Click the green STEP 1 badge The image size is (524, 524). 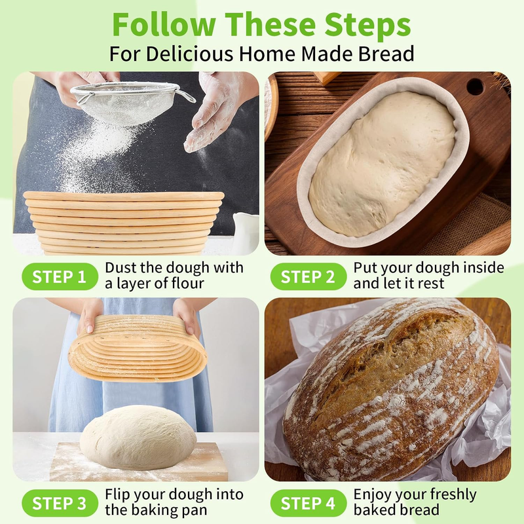[x=60, y=276]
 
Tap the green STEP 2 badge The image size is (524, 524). [x=308, y=276]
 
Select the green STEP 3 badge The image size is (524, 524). [x=60, y=503]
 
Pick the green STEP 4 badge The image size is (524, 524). [x=308, y=503]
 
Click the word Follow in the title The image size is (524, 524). [x=164, y=24]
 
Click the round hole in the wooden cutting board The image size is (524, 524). [x=475, y=87]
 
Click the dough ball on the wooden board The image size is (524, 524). [x=138, y=437]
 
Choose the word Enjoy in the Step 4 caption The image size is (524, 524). [x=372, y=495]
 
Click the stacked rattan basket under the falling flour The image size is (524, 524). [x=124, y=223]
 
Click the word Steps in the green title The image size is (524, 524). [x=367, y=24]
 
